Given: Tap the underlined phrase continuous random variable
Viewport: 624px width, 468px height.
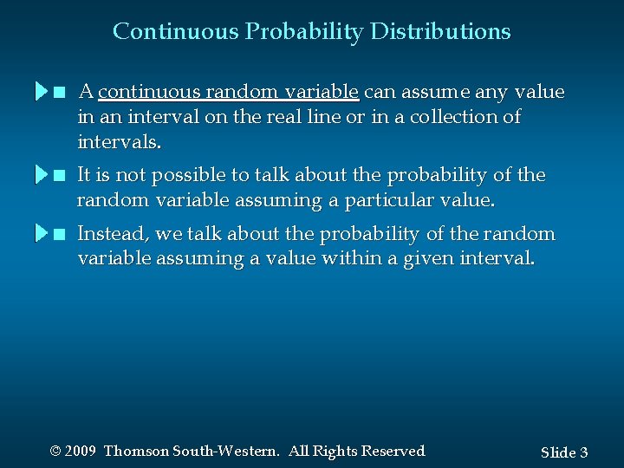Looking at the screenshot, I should [229, 92].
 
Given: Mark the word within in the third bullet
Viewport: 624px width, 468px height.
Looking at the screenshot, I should [369, 258].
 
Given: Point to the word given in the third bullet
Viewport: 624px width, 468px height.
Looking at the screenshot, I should [433, 258].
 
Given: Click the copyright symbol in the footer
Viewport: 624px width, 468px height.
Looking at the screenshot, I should [55, 452].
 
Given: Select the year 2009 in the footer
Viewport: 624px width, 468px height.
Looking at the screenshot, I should [80, 452].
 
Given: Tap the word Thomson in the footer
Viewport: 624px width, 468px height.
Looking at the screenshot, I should [136, 452].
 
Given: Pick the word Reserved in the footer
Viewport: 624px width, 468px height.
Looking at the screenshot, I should [393, 452].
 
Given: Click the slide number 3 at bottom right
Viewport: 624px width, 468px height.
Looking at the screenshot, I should [583, 452].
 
